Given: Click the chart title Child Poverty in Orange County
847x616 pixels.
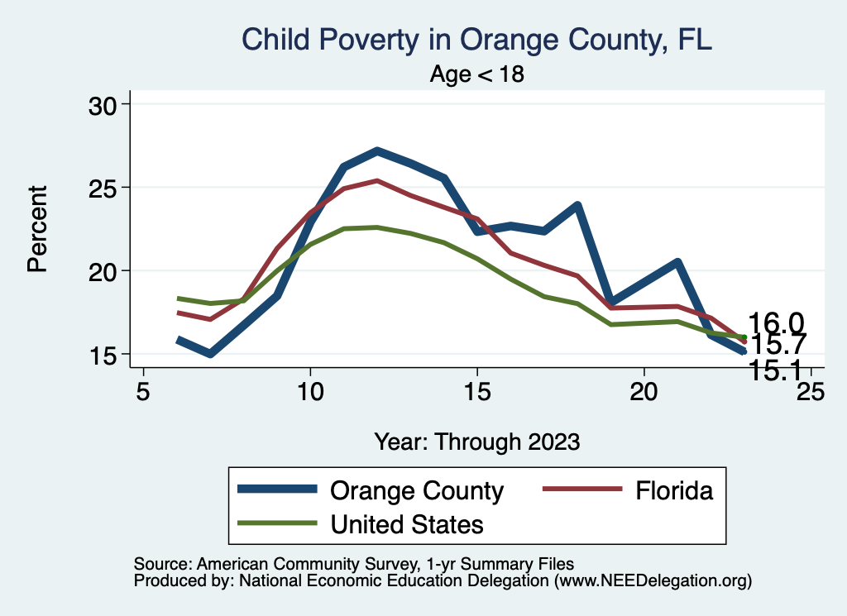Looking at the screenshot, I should pyautogui.click(x=476, y=39).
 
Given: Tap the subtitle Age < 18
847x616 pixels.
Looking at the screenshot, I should pyautogui.click(x=477, y=74).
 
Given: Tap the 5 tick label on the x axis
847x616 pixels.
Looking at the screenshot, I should pyautogui.click(x=143, y=391).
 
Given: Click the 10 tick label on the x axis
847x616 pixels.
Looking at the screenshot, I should pyautogui.click(x=310, y=391).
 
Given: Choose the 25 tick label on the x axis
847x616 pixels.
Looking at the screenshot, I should pyautogui.click(x=811, y=391).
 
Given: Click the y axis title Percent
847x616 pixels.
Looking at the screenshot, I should pyautogui.click(x=36, y=229).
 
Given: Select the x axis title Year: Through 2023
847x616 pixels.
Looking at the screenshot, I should pyautogui.click(x=477, y=441).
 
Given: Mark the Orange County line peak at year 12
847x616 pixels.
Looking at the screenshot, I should pyautogui.click(x=377, y=151).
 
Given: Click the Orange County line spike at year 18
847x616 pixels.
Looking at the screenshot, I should pyautogui.click(x=577, y=205).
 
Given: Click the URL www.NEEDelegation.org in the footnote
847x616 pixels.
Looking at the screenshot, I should pyautogui.click(x=653, y=581).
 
